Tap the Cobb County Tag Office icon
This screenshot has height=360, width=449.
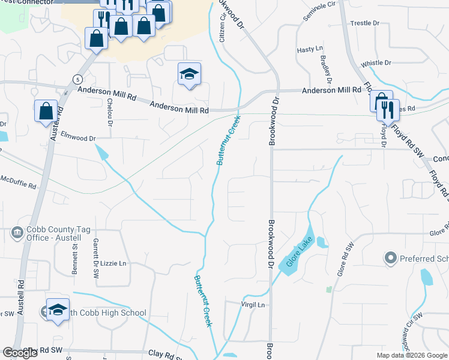(x=17, y=232)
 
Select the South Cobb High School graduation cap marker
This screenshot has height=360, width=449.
(x=58, y=310)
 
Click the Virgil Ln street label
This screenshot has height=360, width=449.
(x=253, y=305)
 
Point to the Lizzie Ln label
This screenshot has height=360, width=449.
(x=115, y=263)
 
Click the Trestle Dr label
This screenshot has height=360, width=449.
(x=365, y=23)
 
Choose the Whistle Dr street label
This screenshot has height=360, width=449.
(x=376, y=63)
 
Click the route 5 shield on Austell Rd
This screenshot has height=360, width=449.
(x=77, y=79)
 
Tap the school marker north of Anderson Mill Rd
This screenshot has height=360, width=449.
(x=189, y=74)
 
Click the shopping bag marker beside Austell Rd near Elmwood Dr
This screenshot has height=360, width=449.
(x=46, y=111)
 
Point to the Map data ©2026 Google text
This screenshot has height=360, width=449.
(x=411, y=355)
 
